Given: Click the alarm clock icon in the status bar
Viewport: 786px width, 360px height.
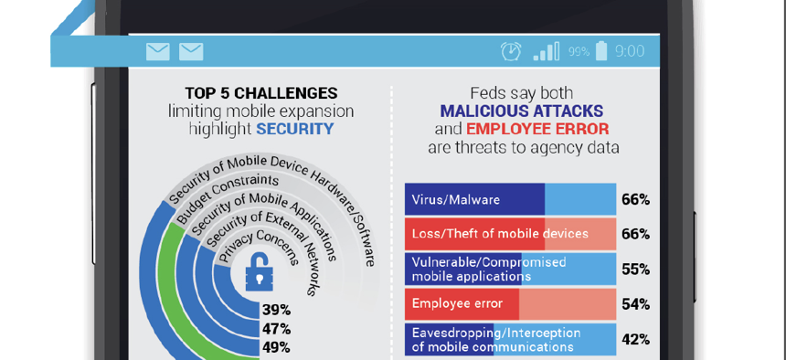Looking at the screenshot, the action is click(511, 51).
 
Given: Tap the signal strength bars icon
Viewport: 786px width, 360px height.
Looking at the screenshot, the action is click(546, 51).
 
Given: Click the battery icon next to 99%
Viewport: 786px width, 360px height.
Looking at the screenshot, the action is click(601, 51).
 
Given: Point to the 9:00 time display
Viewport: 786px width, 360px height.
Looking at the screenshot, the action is click(630, 51).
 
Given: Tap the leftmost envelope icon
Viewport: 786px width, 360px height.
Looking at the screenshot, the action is click(158, 52).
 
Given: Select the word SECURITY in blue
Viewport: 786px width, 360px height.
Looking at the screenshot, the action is click(294, 129).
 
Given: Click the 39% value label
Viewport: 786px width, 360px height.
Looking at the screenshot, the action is click(276, 311).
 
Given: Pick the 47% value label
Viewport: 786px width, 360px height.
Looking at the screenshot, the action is click(276, 329).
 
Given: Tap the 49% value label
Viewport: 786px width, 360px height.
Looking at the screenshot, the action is click(276, 347).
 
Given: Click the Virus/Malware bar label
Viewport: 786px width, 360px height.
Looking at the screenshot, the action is click(456, 199).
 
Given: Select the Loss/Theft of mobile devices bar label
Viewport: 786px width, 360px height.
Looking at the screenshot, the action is click(500, 234).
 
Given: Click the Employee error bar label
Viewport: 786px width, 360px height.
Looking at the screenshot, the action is click(457, 303).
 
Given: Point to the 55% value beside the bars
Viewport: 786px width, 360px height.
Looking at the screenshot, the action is click(635, 270).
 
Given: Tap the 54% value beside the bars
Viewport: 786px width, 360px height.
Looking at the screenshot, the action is click(635, 304).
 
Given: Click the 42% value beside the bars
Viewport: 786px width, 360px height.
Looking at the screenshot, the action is click(635, 339).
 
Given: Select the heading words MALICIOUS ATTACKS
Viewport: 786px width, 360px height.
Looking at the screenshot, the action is click(522, 111).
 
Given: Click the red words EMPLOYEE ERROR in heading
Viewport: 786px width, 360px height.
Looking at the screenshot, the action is click(537, 129).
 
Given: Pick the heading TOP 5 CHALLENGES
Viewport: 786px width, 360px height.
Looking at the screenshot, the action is click(261, 93).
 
